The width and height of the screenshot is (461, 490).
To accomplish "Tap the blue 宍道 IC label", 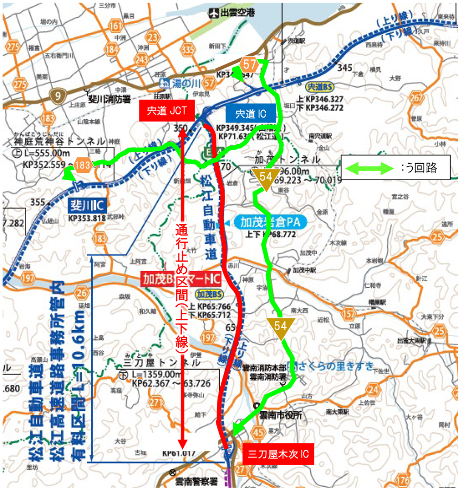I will [250, 114].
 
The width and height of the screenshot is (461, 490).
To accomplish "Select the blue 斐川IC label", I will [86, 206].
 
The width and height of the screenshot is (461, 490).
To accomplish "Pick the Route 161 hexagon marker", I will [115, 25].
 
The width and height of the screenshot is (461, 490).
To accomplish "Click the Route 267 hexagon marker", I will [416, 98].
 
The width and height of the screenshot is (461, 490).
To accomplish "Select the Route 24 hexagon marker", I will [373, 389].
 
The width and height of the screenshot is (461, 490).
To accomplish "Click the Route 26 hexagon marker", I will [82, 294].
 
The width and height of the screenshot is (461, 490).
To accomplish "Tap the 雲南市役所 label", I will [280, 415].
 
